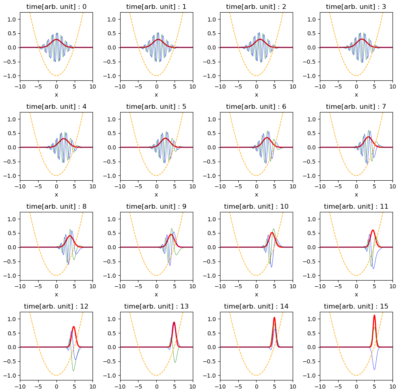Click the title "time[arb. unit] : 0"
click(56, 6)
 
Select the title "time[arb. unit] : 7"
click(356, 106)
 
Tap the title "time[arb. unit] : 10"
click(256, 206)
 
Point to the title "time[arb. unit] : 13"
click(156, 306)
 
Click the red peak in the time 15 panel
click(374, 315)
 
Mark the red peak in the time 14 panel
click(274, 318)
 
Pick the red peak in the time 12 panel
click(73, 326)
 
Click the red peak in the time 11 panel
click(373, 230)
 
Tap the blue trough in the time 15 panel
click(374, 369)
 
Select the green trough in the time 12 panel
click(73, 370)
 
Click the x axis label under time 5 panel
click(156, 194)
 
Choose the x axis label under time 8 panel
click(56, 294)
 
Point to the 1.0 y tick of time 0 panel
click(13, 19)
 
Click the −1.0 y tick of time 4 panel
click(11, 175)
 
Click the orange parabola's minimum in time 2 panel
click(256, 76)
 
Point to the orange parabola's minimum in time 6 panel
click(256, 175)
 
